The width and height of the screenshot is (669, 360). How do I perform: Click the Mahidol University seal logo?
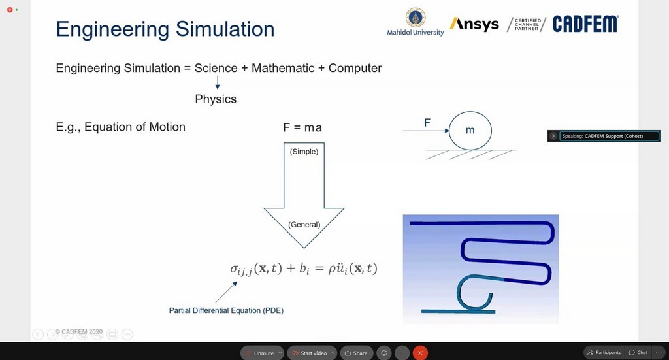tap(415, 18)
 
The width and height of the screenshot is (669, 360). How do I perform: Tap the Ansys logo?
tap(474, 24)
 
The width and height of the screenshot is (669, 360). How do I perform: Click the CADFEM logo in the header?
tap(585, 24)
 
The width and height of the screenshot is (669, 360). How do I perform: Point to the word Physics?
tap(216, 99)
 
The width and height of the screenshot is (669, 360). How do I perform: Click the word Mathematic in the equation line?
tap(283, 68)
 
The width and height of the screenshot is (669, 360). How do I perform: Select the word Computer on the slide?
tap(355, 68)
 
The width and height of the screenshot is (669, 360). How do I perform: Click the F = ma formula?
tap(302, 127)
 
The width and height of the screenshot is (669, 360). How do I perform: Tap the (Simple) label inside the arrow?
tap(304, 152)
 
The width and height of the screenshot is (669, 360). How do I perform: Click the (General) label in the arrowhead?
tap(304, 225)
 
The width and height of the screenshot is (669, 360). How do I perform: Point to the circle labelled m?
tap(470, 112)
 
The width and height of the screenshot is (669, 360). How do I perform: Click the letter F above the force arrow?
tap(427, 123)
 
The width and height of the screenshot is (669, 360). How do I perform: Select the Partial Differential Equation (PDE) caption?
tap(226, 310)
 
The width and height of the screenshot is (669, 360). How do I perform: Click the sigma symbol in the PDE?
tap(235, 269)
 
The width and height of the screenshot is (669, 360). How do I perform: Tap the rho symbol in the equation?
tap(331, 269)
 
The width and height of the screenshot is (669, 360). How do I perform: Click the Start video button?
tap(312, 353)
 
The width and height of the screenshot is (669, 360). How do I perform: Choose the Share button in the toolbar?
tap(356, 353)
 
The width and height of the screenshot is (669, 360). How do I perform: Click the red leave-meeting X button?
tap(420, 353)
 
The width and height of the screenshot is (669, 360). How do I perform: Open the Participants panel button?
tap(604, 352)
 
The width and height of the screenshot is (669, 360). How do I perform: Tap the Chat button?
tap(638, 352)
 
